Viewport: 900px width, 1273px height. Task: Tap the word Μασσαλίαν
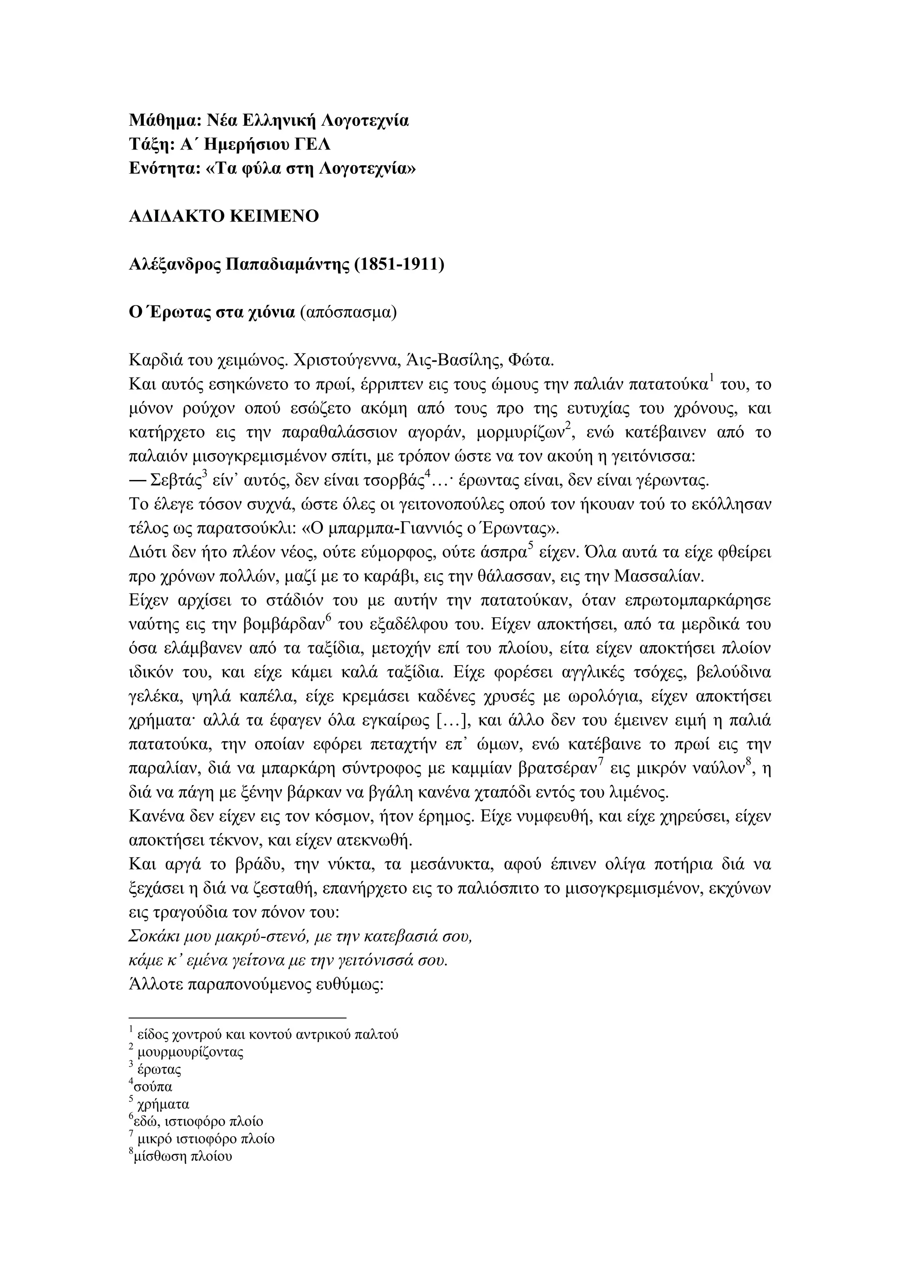click(659, 577)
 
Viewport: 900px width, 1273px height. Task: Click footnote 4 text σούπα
click(153, 1087)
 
